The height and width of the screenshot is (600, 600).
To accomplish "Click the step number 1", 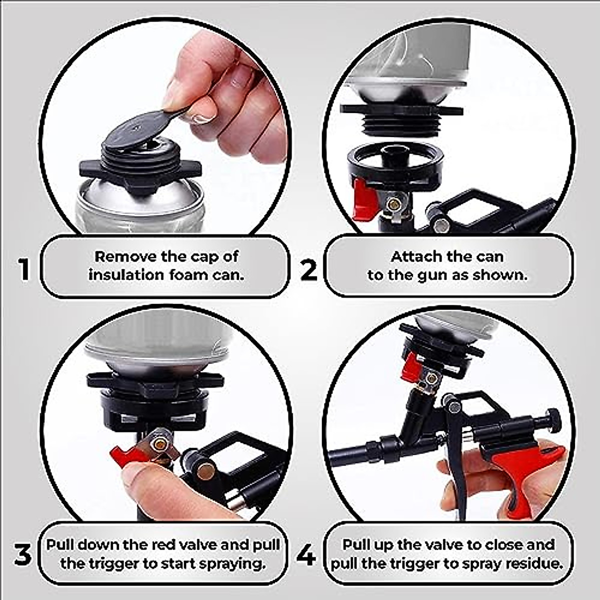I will point(23,269).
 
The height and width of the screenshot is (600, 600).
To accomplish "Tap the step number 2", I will point(308,270).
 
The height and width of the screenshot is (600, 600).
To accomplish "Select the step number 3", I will point(22,555).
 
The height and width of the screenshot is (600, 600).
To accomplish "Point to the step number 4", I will point(306,555).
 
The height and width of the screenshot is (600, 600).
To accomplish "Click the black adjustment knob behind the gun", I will point(552,417).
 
